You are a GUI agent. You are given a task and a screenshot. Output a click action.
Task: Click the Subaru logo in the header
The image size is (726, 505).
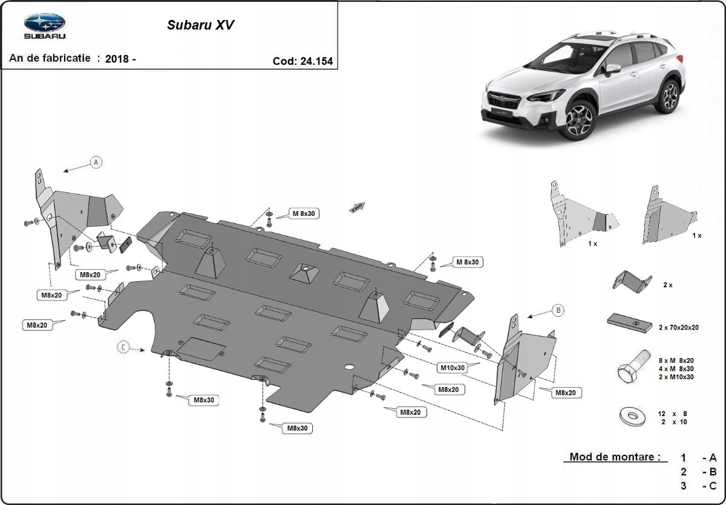[x=44, y=26]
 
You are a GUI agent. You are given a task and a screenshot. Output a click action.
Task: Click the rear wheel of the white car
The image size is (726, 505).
[x=670, y=95]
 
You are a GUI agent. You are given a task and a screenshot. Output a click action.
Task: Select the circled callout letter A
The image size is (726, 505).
[x=95, y=162]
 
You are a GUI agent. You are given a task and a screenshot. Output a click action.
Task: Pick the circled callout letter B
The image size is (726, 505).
[x=558, y=310]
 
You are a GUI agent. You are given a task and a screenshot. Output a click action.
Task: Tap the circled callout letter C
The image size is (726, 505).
[x=123, y=347]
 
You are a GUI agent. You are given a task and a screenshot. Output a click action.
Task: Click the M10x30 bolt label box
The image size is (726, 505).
[x=452, y=367]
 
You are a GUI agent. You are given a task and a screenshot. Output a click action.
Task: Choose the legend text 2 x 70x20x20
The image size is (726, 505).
[x=679, y=327]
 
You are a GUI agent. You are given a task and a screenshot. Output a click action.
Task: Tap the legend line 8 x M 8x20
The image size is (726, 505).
[x=676, y=360]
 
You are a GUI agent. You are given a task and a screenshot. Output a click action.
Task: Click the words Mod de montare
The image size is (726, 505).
[x=614, y=457]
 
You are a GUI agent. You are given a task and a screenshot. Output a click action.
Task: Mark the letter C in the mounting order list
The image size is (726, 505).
[x=713, y=486]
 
